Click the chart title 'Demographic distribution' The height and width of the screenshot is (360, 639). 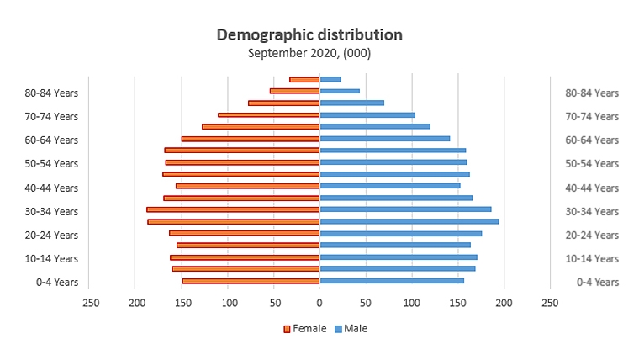(309, 34)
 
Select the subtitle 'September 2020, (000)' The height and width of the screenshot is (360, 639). (309, 52)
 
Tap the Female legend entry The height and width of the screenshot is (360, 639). (304, 328)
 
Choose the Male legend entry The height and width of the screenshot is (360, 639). (351, 328)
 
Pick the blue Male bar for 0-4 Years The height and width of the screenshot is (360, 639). (392, 281)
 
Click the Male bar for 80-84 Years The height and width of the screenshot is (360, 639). (340, 91)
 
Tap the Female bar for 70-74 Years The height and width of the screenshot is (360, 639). (269, 114)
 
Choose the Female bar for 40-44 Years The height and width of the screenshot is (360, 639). (248, 186)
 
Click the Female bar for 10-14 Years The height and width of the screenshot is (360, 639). (245, 257)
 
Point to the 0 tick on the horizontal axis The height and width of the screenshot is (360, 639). (319, 302)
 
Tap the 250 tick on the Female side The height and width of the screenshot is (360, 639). (90, 302)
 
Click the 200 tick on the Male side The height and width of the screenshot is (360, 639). (504, 302)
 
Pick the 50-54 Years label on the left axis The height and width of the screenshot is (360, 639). (52, 163)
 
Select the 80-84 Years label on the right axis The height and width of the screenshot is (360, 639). (592, 93)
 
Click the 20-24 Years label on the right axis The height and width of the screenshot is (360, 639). (592, 235)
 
